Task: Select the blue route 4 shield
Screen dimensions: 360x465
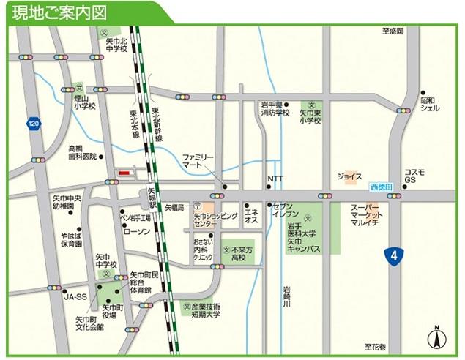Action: point(395,255)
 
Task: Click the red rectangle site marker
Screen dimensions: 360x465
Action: point(124,173)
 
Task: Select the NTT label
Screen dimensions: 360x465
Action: point(275,179)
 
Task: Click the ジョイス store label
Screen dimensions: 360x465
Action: point(349,176)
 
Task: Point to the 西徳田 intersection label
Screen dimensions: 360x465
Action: point(381,187)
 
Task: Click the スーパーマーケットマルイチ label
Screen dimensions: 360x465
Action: point(365,216)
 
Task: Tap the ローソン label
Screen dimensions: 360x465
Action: point(137,231)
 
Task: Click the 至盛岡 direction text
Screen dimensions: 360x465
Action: point(393,31)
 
